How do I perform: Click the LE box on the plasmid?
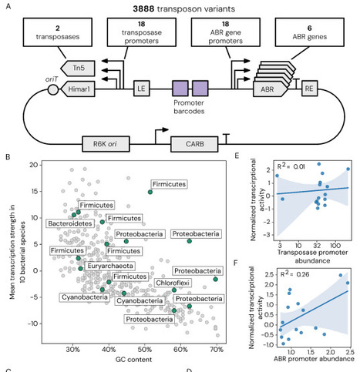(141, 88)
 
